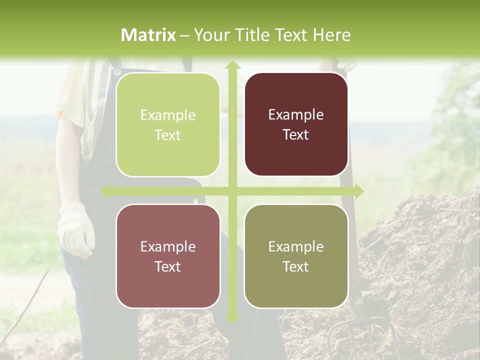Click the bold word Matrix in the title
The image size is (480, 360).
tap(148, 35)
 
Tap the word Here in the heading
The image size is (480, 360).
tap(332, 35)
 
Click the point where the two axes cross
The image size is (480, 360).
tap(232, 191)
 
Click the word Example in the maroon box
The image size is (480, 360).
tap(296, 115)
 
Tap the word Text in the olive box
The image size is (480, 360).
tap(296, 266)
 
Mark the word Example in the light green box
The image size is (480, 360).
tap(168, 115)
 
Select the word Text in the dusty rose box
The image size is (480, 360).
tap(168, 266)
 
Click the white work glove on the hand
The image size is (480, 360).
tap(76, 230)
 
